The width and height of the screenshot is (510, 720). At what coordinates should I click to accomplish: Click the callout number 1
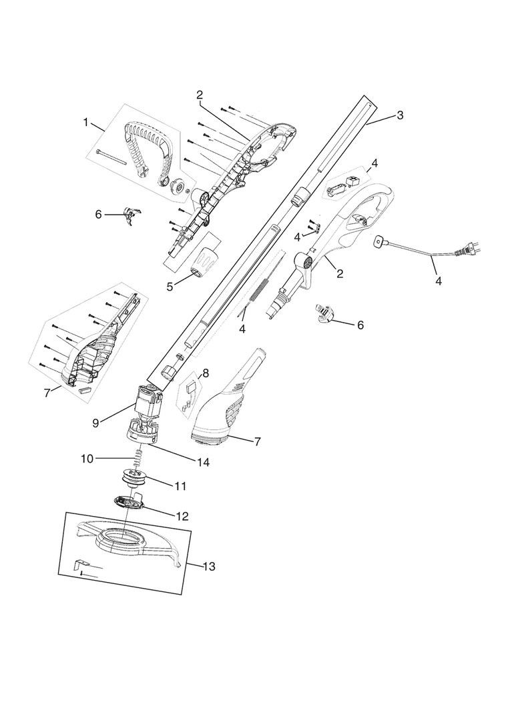pos(85,122)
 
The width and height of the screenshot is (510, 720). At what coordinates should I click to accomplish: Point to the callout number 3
pos(400,115)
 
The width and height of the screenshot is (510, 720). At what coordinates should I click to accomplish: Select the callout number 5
pos(170,286)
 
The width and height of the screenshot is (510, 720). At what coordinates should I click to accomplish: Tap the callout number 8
pos(205,373)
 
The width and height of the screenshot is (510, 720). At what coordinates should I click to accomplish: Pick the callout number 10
pos(86,458)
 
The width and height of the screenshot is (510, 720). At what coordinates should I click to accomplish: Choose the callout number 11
pos(180,486)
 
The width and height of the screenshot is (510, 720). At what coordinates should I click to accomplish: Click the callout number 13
pos(208,566)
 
